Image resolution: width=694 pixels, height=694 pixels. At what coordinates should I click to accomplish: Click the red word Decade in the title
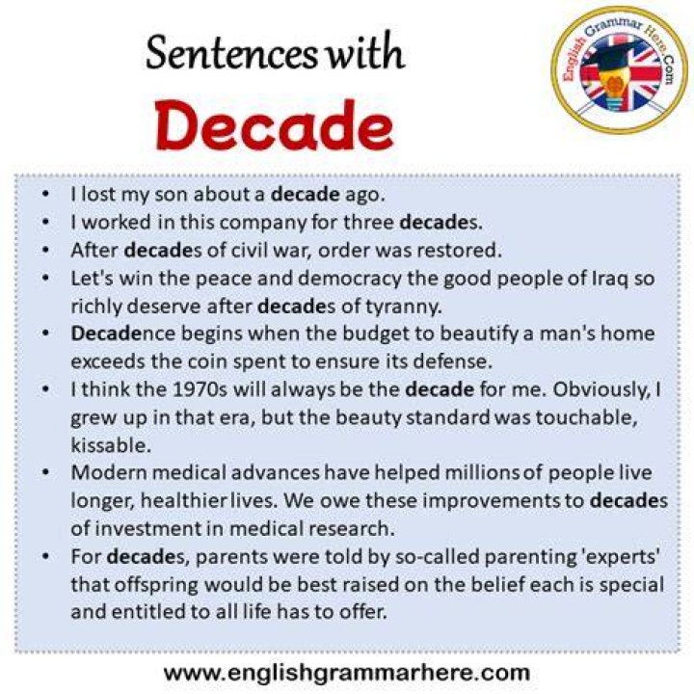point(275,125)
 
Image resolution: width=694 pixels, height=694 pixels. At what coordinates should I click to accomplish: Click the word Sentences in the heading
point(231,53)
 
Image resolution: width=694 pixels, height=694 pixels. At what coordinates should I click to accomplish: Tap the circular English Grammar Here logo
point(619,70)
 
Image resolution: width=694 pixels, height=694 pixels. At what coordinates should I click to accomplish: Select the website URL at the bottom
point(347,673)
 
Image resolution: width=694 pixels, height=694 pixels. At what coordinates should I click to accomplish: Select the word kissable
point(111,445)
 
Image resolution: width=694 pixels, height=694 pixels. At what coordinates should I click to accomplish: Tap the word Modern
point(108,472)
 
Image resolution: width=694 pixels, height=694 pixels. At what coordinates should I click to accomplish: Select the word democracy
point(349,279)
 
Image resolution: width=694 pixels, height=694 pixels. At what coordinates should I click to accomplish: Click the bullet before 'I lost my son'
point(45,194)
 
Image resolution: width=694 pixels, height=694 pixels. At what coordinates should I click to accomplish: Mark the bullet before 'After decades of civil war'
point(45,250)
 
